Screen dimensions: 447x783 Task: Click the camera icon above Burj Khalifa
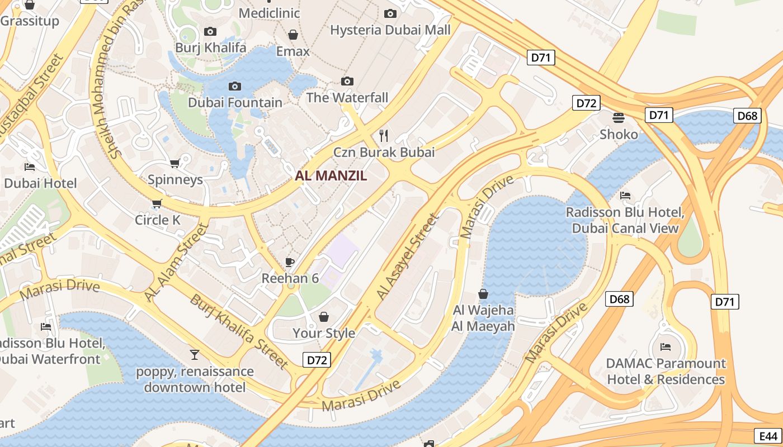pos(210,31)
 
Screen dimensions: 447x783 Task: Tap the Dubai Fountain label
pos(235,102)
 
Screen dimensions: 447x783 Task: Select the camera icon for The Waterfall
pos(347,82)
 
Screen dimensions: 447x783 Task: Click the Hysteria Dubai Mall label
pos(390,30)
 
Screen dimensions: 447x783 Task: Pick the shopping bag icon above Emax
pos(293,35)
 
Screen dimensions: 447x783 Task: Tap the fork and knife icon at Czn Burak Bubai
pos(384,135)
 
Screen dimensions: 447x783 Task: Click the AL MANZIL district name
pos(331,175)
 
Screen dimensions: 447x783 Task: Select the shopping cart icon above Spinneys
pos(174,163)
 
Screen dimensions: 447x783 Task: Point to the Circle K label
pos(158,220)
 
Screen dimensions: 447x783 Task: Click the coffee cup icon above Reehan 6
pos(290,262)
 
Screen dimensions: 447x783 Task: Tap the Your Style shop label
pos(324,333)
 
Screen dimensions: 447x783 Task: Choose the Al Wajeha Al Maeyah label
pos(483,318)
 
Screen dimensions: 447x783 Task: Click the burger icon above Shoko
pos(619,117)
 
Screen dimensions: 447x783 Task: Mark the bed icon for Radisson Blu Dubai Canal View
pos(625,196)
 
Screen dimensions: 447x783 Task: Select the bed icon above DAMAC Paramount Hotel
pos(666,347)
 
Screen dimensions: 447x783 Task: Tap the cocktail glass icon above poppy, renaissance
pos(194,354)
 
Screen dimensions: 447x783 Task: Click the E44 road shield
pos(768,436)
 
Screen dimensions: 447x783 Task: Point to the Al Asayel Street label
pos(408,257)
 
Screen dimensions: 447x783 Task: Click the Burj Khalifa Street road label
pos(239,331)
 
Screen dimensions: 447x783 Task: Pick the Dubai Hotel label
pos(40,183)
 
